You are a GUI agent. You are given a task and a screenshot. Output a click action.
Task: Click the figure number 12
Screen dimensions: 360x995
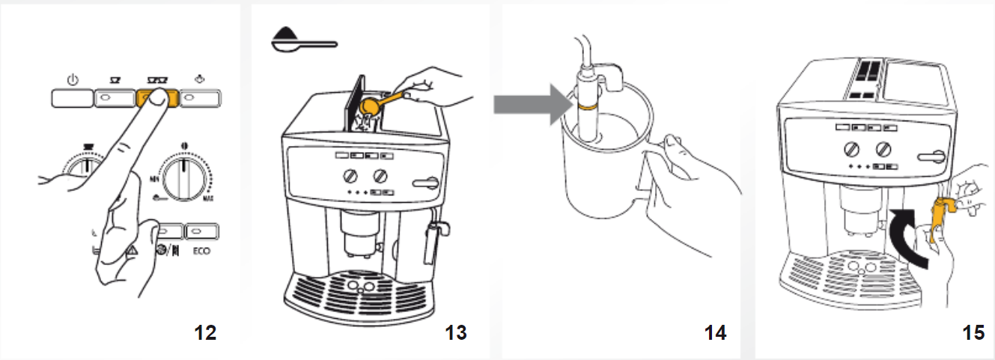coord(204,332)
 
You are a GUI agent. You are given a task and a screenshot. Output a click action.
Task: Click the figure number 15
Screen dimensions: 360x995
coord(973,332)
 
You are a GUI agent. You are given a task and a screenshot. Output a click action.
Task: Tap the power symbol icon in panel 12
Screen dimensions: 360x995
coord(73,80)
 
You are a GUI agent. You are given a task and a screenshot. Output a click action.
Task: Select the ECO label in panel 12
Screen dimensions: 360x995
coord(201,251)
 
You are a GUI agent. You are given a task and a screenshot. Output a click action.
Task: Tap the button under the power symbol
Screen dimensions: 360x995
coord(73,98)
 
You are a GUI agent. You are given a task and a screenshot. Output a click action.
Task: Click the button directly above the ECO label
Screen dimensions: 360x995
coord(201,230)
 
